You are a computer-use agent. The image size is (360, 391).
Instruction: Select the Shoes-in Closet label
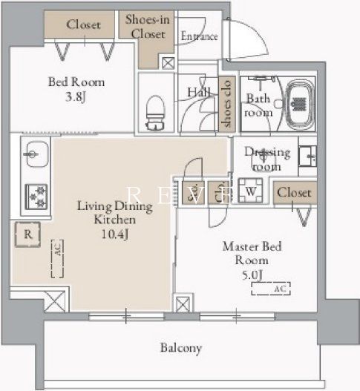(147, 26)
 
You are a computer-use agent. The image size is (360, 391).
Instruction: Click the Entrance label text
(199, 36)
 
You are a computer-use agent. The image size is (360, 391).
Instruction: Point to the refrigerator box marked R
(27, 234)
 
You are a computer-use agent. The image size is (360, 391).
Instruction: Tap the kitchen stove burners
(36, 195)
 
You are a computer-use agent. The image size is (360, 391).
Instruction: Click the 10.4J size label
(114, 235)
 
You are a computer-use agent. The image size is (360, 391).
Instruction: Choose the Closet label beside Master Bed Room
(294, 193)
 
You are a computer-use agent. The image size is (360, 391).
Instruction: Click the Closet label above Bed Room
(84, 24)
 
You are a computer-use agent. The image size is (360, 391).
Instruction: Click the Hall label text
(196, 91)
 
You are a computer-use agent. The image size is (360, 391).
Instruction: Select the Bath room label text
(259, 105)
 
